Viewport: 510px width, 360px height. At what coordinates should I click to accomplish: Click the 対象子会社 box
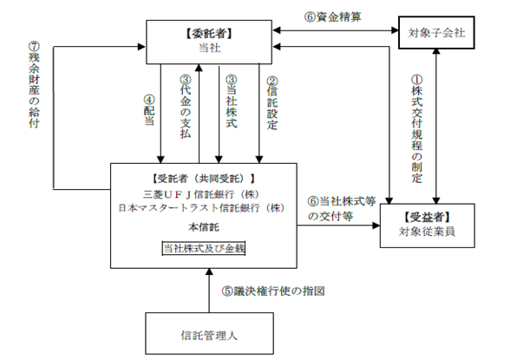coord(436,32)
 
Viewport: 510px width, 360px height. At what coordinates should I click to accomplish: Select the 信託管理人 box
coord(209,333)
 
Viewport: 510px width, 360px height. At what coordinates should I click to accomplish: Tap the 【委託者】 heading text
coord(209,34)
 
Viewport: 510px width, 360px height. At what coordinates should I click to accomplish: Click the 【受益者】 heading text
coord(427,217)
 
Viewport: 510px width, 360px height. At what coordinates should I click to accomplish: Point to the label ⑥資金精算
coord(332,16)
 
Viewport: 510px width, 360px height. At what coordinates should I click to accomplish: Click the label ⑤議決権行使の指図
coord(273,291)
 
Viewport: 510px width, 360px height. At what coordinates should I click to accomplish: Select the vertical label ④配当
coord(149,110)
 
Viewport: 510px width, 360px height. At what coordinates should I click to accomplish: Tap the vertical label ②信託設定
coord(272,103)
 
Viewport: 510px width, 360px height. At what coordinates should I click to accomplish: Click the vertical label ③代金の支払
coord(186,107)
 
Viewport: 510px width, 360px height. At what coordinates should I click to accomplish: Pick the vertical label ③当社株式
coord(232,101)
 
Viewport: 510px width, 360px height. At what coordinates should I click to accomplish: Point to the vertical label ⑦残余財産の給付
coord(34,84)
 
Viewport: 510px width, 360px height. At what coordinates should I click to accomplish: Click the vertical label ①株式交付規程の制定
coord(416,129)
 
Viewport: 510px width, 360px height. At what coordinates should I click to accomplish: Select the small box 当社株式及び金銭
coord(204,248)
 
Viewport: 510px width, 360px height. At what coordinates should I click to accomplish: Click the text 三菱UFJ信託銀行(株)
coord(201,194)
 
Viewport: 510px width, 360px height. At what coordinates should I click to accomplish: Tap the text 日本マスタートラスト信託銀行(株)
coord(201,208)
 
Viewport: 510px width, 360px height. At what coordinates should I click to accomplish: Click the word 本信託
coord(204,227)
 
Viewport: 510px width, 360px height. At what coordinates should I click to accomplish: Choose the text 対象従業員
coord(427,232)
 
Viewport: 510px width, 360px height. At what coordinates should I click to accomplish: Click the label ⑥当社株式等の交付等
coord(342,209)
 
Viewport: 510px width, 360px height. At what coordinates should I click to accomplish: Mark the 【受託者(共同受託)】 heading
coord(204,178)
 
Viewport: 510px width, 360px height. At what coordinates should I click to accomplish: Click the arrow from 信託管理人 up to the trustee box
coord(209,291)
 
